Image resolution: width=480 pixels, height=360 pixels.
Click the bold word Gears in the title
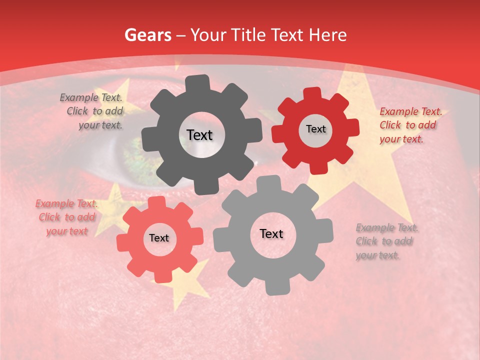pyautogui.click(x=147, y=35)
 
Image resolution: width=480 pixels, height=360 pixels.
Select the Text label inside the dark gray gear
pyautogui.click(x=199, y=135)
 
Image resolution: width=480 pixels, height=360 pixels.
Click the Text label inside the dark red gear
pyautogui.click(x=315, y=129)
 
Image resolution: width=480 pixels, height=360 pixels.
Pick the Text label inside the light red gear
pyautogui.click(x=159, y=238)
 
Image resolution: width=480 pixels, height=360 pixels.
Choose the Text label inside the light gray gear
pyautogui.click(x=271, y=234)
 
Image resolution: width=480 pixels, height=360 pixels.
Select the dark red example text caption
pyautogui.click(x=410, y=125)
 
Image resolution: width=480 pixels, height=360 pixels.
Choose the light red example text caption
pyautogui.click(x=67, y=217)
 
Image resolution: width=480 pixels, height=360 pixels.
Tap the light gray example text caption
pyautogui.click(x=386, y=241)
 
